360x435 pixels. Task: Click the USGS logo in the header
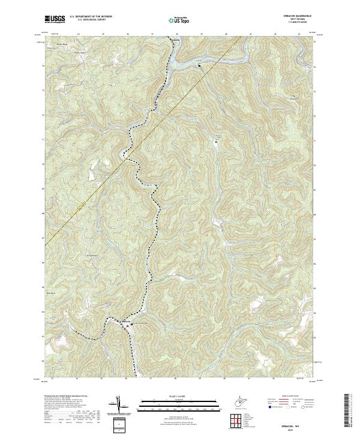coord(55,19)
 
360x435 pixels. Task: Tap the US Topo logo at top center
coord(179,20)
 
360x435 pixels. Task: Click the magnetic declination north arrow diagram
coord(119,403)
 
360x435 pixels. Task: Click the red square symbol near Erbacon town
coord(128,326)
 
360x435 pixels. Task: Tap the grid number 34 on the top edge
coord(79,34)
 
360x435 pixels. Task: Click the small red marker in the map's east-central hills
coord(277,256)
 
